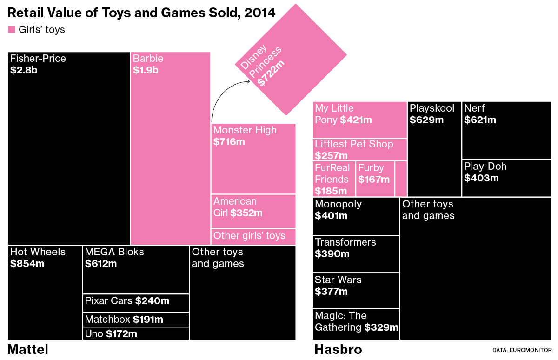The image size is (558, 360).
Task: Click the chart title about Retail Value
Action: click(142, 13)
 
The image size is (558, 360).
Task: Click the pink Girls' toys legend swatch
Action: click(12, 30)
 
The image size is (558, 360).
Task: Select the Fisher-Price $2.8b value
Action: click(24, 70)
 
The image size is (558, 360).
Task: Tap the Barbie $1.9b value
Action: click(146, 70)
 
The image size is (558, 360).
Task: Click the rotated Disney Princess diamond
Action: click(291, 59)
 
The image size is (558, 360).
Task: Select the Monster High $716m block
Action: click(253, 158)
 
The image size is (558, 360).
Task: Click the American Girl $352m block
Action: click(253, 211)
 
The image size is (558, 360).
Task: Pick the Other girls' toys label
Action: click(249, 236)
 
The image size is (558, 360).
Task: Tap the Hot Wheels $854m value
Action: click(27, 264)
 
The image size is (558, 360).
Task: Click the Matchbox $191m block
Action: click(136, 320)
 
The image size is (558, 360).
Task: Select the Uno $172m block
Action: click(136, 333)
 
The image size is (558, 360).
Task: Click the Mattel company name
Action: click(28, 349)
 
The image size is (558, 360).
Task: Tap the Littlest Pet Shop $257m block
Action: click(360, 149)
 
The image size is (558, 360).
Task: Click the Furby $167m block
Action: click(375, 179)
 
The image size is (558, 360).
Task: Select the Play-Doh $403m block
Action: click(506, 178)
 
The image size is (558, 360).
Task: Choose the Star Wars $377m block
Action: click(356, 291)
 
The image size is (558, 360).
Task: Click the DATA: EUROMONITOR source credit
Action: click(522, 350)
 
